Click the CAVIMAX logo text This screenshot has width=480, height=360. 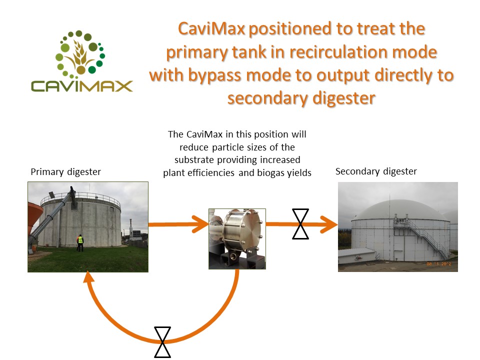[81, 86]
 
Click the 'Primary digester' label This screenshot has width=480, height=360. [66, 172]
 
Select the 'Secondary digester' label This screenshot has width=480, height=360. [376, 171]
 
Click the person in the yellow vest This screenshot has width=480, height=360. [80, 243]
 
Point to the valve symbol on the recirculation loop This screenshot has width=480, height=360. [162, 342]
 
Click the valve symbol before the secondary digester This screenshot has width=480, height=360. [300, 224]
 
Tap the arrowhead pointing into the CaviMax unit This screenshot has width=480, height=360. [200, 224]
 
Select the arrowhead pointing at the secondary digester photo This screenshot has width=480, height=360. [329, 224]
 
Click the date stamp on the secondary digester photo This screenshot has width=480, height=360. [438, 264]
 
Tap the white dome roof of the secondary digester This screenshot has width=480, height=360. [398, 210]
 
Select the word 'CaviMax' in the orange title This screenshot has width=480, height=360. [211, 28]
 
